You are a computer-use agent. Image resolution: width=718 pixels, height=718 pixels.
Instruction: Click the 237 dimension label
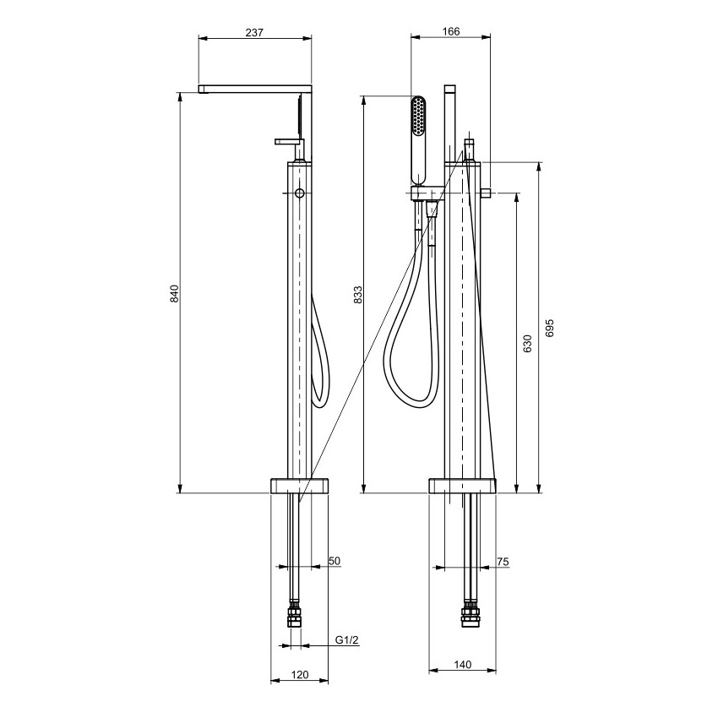coord(254,32)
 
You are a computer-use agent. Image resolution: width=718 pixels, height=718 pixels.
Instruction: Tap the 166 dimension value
coord(451,31)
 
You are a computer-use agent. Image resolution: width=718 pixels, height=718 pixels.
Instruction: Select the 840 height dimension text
coord(175,293)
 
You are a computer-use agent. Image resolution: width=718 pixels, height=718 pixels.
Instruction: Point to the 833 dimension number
coord(357,295)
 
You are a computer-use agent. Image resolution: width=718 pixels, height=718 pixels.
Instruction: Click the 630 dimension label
coord(527,344)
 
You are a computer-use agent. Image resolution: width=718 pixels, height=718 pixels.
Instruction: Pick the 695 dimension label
coord(550,329)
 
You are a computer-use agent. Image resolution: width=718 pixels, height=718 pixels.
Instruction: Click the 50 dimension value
coord(335,561)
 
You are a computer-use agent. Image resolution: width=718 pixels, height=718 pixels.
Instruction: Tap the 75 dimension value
coord(503,562)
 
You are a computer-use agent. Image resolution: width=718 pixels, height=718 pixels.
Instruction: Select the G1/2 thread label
coord(346,640)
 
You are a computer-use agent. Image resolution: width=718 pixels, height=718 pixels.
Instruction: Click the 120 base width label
coord(300,675)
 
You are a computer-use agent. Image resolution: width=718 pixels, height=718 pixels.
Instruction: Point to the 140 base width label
coord(463,665)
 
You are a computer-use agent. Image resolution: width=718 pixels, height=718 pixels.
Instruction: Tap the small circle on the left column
coord(300,193)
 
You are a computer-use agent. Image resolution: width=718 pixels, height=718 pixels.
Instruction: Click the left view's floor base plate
coord(300,486)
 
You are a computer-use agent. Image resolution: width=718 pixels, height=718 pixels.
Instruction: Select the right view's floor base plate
coord(463,486)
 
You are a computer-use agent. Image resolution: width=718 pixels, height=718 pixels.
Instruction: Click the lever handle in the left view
coord(290,142)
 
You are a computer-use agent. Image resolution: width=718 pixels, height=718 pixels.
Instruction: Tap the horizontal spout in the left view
coord(254,89)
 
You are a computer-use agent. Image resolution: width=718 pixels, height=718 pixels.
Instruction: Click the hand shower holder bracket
coord(427,193)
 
